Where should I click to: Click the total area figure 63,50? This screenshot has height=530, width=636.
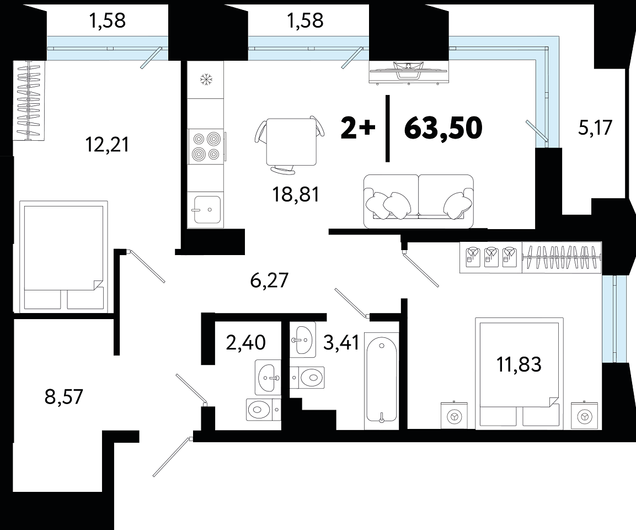coord(443,128)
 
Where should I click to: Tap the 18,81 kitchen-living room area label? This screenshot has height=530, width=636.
coord(296,195)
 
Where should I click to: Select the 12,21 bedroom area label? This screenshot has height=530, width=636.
coord(107,145)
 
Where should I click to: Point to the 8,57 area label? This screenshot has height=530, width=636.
coord(63,396)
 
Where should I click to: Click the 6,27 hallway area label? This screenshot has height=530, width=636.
coord(269,280)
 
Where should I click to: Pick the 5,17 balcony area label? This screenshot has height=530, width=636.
coord(595,128)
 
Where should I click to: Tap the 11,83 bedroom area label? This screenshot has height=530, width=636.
coord(519,364)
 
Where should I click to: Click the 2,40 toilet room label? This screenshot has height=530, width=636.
coord(246,342)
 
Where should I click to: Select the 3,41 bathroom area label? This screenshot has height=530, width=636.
coord(341,342)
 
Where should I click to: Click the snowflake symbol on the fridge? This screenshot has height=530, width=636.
coord(206,79)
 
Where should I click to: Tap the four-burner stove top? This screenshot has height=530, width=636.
coord(206,146)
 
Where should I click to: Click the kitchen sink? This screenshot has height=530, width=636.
coord(207,209)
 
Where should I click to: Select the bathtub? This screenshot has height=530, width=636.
coord(381,381)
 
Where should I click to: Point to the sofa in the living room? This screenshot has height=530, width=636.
coord(419,202)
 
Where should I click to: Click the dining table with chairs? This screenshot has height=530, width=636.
coord(290,145)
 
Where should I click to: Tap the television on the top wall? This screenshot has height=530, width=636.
coord(409,72)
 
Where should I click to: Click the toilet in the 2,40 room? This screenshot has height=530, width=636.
coord(263,409)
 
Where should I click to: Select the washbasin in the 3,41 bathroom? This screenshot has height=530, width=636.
coord(303,340)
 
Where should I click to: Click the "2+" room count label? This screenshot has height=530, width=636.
coord(358,128)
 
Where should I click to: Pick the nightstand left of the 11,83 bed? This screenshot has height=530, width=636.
coord(454,415)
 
